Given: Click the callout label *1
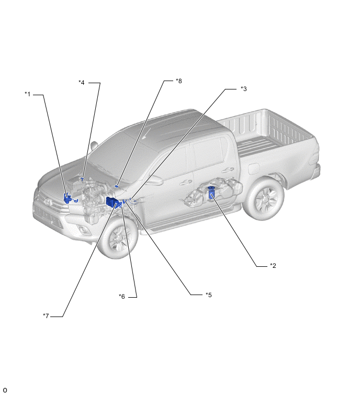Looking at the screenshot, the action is (x=27, y=94).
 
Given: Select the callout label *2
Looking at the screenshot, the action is (x=273, y=266).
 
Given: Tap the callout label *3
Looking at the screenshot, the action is (x=244, y=88).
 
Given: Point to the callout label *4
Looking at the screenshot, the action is (x=82, y=82).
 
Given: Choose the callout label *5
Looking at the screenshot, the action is (x=209, y=295).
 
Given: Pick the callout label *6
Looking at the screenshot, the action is (x=122, y=297).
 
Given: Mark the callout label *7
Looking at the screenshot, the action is (x=46, y=315).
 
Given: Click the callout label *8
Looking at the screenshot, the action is (x=178, y=81).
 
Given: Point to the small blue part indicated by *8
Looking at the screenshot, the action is (x=117, y=186).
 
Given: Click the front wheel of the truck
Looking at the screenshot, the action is (x=118, y=238).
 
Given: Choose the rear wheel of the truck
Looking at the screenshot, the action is (x=264, y=199).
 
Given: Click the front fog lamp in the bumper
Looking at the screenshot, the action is (x=82, y=230).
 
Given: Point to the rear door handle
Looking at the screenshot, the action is (x=228, y=170).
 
